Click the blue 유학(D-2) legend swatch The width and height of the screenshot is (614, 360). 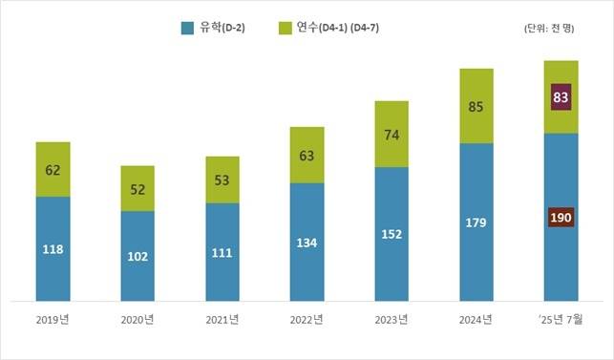(x=188, y=28)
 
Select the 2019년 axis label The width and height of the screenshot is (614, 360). (x=53, y=321)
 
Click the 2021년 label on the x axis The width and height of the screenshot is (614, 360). (x=222, y=321)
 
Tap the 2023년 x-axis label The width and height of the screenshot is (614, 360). (x=391, y=321)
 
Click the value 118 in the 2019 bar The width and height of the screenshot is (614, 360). (x=53, y=248)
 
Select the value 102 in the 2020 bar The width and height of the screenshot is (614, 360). (x=138, y=256)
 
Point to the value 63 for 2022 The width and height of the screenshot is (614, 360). (x=307, y=155)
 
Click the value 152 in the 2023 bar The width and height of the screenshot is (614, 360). (x=392, y=232)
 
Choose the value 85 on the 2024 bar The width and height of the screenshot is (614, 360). (x=476, y=106)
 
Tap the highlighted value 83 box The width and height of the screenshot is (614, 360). (x=561, y=96)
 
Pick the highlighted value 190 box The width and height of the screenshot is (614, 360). (x=561, y=218)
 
